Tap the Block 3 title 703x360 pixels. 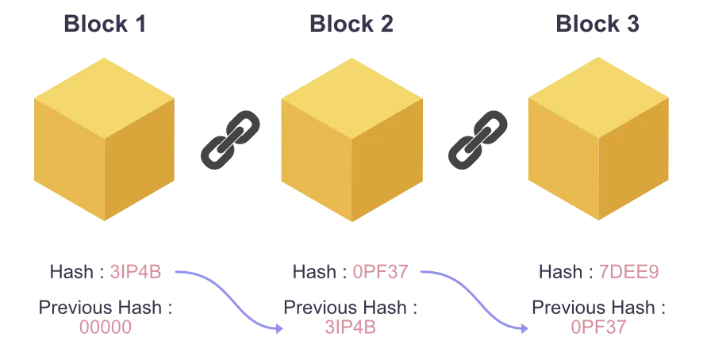596,28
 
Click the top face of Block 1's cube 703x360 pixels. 104,88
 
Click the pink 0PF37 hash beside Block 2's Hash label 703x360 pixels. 380,270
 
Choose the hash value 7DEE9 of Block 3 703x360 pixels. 628,270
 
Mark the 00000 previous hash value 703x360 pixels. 104,324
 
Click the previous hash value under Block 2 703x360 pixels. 351,324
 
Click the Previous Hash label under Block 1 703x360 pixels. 104,306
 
